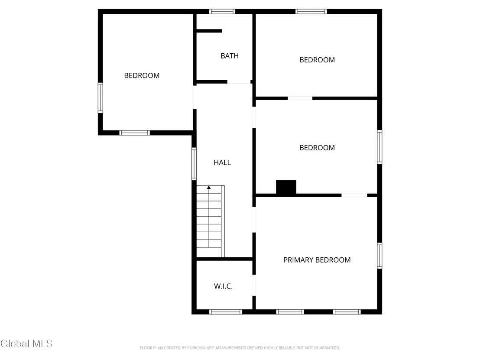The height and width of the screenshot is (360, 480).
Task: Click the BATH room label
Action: pos(229,56)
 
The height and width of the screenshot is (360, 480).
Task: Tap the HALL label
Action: pos(222,162)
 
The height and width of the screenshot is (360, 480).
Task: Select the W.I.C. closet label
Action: pos(223,286)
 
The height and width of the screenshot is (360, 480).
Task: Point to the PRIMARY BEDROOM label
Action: pos(317,260)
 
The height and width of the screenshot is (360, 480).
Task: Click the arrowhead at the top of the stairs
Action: pos(209,187)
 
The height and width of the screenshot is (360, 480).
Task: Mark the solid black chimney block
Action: pos(286,187)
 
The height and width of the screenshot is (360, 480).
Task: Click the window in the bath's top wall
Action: pos(222,12)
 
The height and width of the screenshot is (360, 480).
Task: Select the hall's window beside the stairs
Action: pos(194,164)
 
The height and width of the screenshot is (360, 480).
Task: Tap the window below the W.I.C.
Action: pos(226,312)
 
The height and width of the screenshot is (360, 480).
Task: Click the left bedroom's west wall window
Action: pos(100,97)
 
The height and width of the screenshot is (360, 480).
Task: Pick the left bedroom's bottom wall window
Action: pos(134,133)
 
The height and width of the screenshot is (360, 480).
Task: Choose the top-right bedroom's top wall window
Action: pos(311,12)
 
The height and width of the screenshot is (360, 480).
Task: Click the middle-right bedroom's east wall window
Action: pos(379,147)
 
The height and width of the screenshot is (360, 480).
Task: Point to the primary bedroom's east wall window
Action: pos(379,256)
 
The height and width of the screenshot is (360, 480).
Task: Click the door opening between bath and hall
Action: pos(239,82)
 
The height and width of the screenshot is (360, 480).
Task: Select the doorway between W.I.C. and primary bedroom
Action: pos(254,285)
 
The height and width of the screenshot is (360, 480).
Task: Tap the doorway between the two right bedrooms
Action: pos(300,98)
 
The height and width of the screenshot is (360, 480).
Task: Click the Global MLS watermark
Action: pos(26,344)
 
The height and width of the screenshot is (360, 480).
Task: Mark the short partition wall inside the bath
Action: pos(209,31)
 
